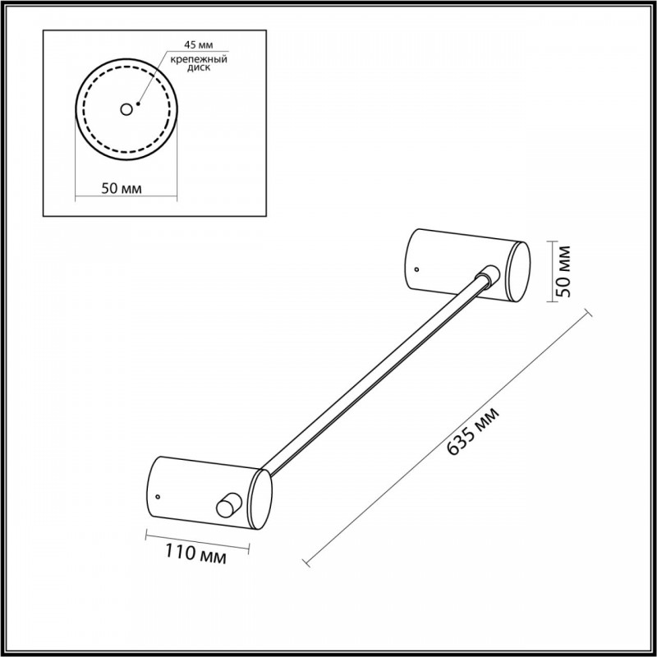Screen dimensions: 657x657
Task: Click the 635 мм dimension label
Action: point(474,431)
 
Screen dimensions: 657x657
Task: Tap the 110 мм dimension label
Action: point(195,553)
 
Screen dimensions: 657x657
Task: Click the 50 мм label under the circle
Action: point(122,189)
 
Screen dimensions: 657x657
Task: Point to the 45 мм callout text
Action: point(199,44)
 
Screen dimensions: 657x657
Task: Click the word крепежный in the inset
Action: point(199,59)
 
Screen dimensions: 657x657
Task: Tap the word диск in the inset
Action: point(199,68)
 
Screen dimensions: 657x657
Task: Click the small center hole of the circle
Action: point(126,110)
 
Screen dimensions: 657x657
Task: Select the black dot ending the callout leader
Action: point(138,103)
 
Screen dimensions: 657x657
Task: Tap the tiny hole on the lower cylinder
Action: point(158,497)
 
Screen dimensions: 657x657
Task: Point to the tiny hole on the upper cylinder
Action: point(416,269)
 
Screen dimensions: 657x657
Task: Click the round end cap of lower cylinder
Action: point(260,499)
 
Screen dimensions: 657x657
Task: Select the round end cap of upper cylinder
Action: point(518,272)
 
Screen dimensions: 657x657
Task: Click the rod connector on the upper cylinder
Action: point(488,275)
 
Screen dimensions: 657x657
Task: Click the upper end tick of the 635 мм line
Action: point(588,313)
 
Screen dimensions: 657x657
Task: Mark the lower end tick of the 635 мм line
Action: point(306,563)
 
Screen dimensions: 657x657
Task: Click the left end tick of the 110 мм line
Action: point(146,535)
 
